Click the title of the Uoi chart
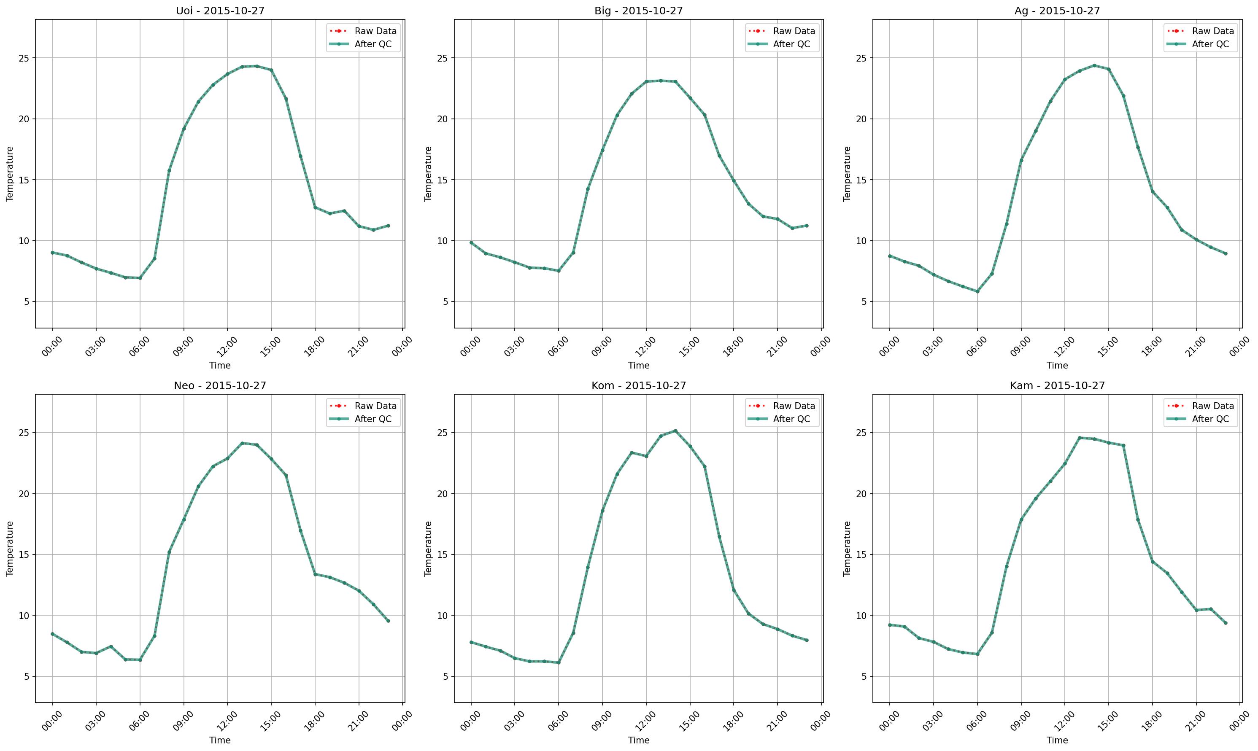pos(220,11)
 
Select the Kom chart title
pos(638,386)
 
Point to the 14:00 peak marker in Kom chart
pos(675,431)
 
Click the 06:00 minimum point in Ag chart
pos(977,291)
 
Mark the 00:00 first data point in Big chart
pos(471,243)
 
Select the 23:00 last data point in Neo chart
pos(388,621)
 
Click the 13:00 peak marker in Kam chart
pos(1079,438)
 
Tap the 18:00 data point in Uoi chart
pos(315,207)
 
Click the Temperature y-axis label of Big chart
pos(428,174)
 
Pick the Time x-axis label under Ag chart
pos(1057,365)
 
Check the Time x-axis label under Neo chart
pos(220,740)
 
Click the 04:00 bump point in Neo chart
pos(111,646)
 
